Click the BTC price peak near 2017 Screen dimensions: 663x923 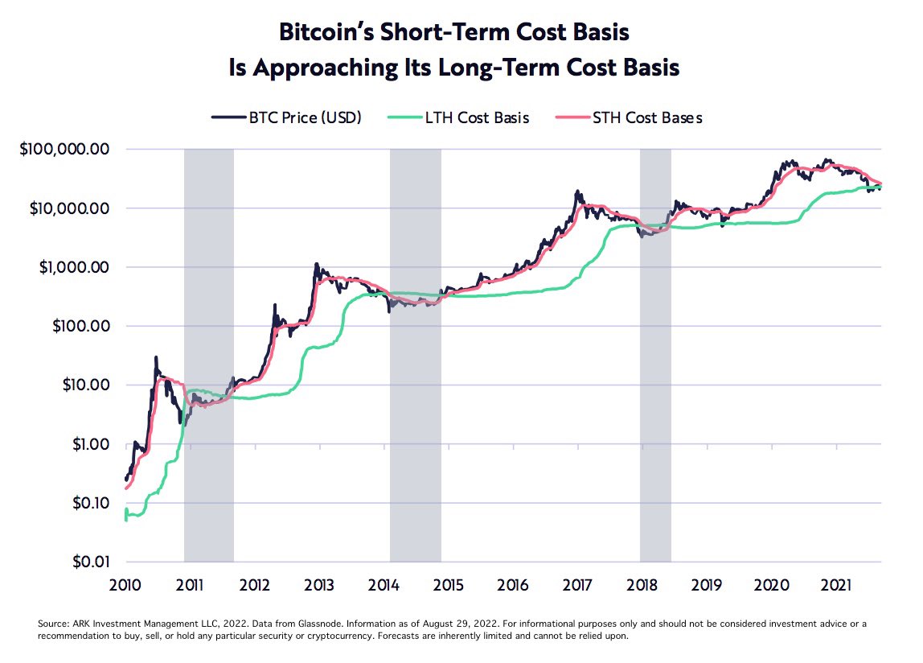pyautogui.click(x=577, y=192)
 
